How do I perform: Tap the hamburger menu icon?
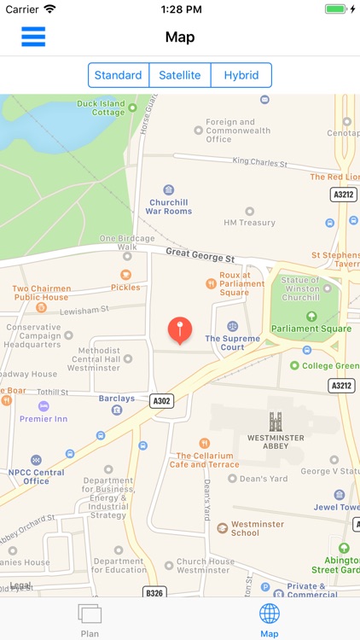click(33, 37)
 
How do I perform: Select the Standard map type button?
click(119, 75)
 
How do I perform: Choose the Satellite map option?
click(180, 75)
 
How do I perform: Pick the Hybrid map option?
click(241, 75)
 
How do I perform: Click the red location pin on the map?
click(179, 329)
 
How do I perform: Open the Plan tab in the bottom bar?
click(90, 619)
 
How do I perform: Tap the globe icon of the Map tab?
click(270, 613)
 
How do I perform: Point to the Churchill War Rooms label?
click(168, 206)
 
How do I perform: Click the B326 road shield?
click(154, 591)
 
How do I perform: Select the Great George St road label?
click(200, 253)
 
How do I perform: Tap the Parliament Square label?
click(311, 329)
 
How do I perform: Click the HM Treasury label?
click(249, 223)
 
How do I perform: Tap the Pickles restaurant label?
click(125, 288)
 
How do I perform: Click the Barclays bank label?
click(116, 399)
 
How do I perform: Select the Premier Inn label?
click(43, 419)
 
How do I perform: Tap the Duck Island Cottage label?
click(101, 108)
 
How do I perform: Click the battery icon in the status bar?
click(336, 9)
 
